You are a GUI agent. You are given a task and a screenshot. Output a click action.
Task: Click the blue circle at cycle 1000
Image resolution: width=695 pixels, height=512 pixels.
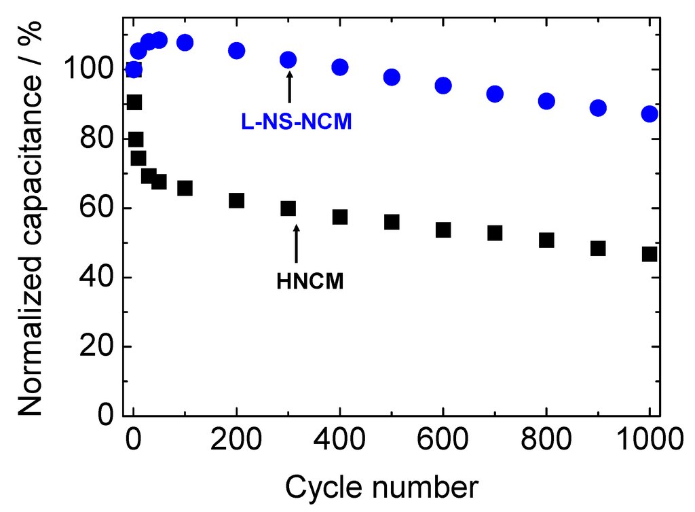pos(650,113)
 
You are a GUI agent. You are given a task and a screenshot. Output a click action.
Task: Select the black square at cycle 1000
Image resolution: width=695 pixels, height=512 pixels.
pos(650,254)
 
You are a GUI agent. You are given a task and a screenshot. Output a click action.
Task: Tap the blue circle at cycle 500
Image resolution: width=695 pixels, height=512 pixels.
pos(392,77)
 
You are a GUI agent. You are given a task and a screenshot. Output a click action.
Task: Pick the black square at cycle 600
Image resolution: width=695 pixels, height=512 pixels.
pos(443,230)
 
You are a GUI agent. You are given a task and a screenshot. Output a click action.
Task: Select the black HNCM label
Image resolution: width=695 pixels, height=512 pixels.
pos(310,281)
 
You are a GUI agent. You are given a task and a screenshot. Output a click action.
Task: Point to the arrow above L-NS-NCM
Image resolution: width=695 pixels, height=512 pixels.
pos(289,88)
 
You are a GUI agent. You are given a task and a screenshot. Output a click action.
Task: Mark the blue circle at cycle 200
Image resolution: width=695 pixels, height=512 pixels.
pos(237,50)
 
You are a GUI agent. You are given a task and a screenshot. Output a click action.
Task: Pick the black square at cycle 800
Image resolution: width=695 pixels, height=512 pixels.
pos(546,240)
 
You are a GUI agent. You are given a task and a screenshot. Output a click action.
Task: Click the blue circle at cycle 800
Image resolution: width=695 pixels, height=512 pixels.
pos(546,101)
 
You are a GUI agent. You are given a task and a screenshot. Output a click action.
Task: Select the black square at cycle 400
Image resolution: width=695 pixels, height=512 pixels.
pos(340,217)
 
